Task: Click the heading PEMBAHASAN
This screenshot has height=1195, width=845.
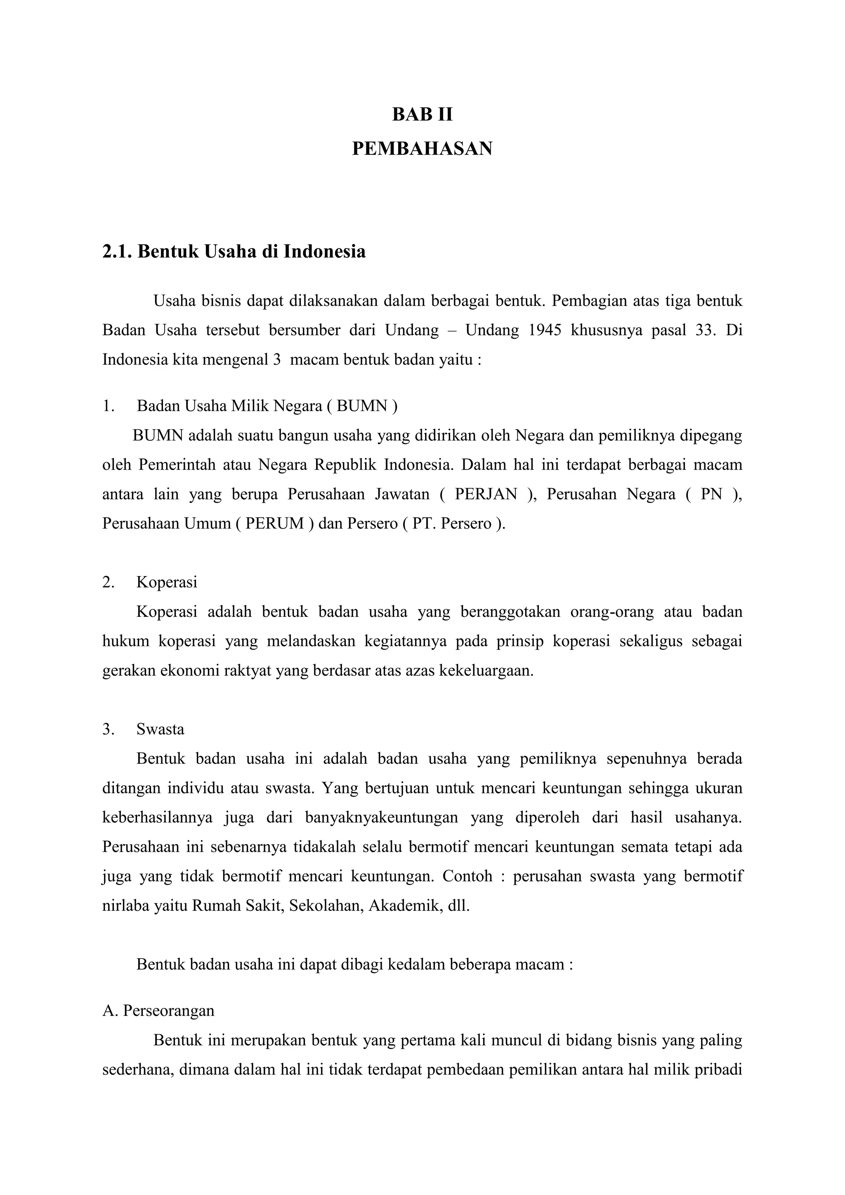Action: coord(422,149)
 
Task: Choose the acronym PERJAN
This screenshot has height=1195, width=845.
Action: coord(486,494)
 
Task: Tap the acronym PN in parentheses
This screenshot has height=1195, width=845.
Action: coord(711,494)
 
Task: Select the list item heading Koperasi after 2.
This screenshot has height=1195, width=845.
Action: coord(167,582)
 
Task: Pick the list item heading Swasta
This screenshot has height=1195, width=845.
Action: coord(160,729)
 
